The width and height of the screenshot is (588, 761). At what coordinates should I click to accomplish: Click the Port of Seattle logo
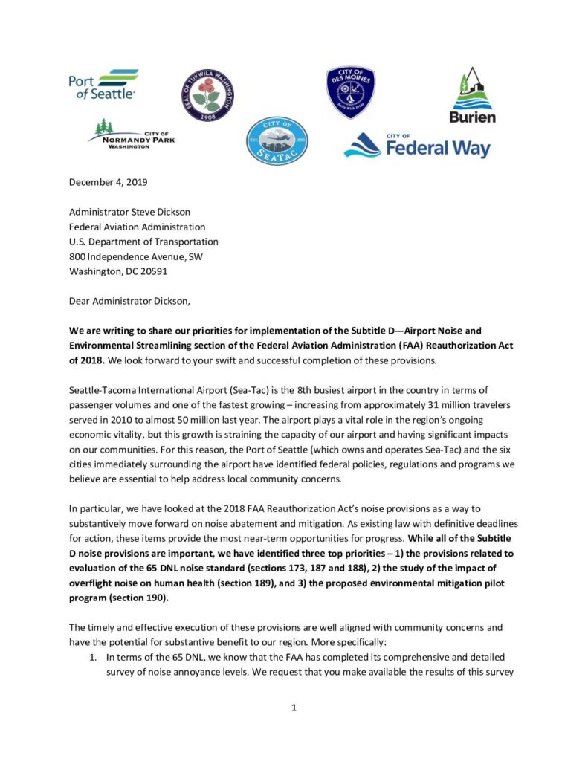tap(103, 85)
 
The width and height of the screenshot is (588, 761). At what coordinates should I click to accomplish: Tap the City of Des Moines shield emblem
tap(349, 92)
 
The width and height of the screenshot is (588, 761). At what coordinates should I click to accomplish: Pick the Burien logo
tap(472, 96)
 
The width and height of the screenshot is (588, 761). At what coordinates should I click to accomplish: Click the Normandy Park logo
tap(132, 135)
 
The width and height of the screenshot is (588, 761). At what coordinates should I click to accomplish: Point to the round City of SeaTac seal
tap(277, 140)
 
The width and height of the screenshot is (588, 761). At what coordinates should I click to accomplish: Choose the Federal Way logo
tap(417, 145)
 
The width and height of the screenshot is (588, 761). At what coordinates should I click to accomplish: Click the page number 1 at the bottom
tap(294, 707)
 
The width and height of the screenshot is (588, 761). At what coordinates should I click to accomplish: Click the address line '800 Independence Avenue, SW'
tap(136, 256)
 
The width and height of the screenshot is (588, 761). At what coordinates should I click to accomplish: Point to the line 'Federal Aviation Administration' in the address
tap(138, 227)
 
